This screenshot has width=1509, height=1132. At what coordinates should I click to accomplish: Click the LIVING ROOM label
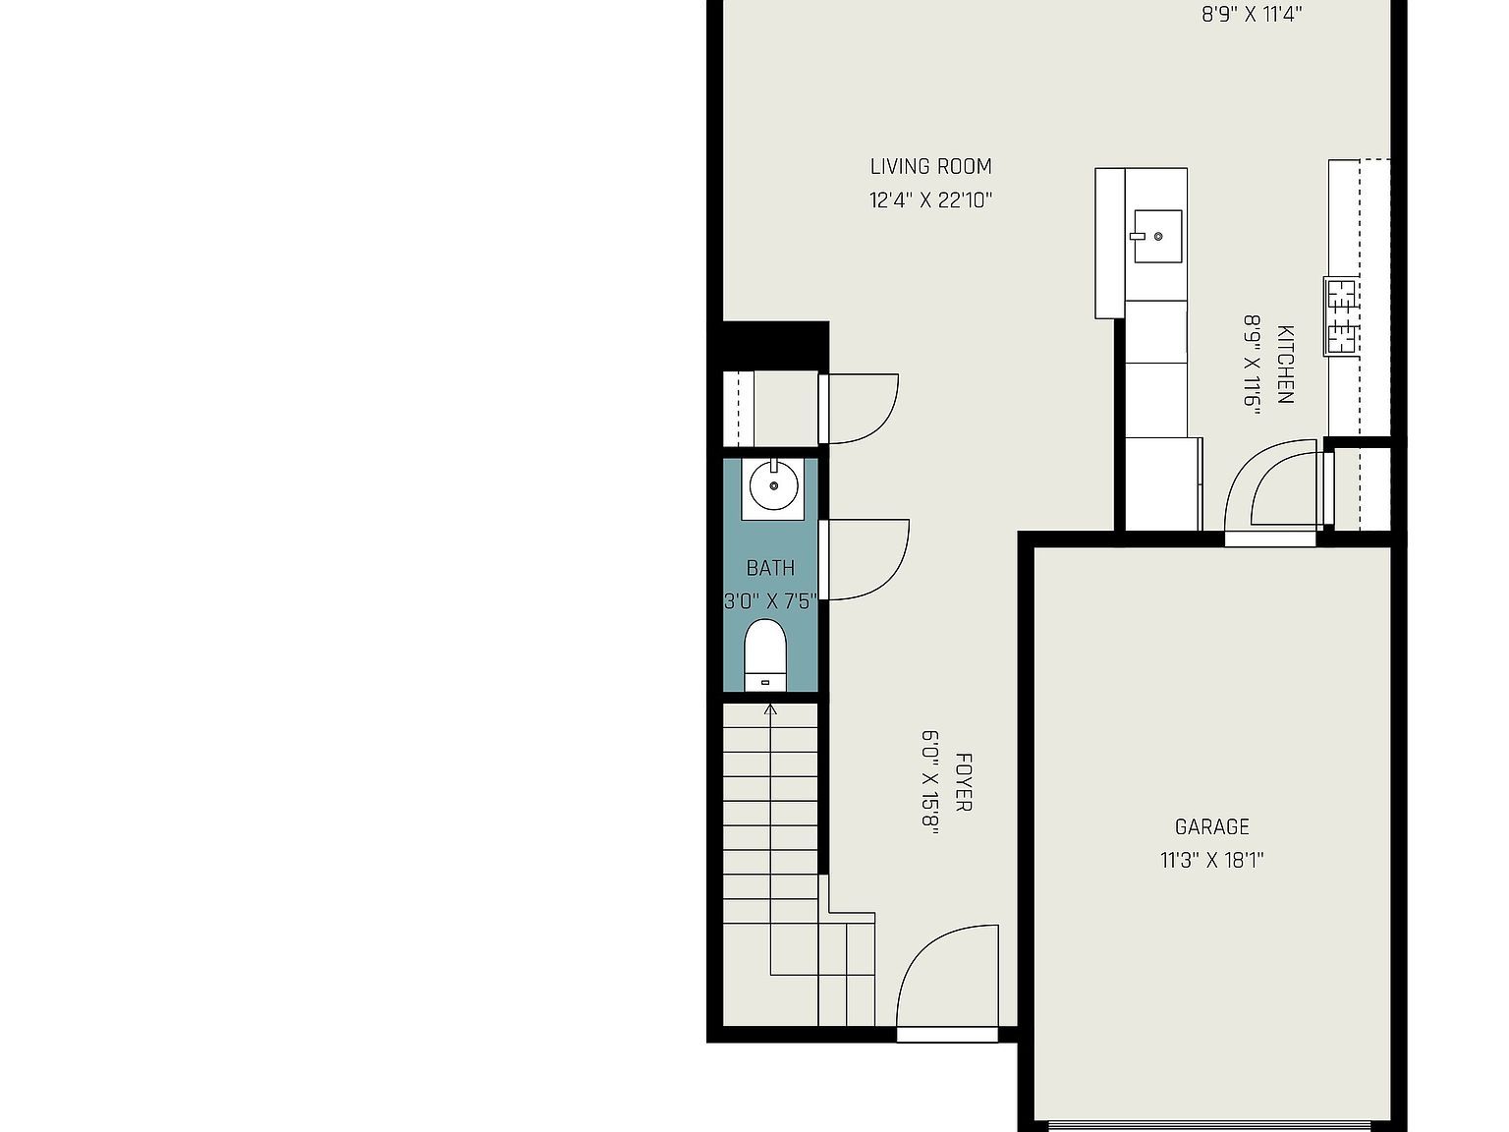tap(930, 167)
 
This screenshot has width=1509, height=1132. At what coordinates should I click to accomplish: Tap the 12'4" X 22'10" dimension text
tap(930, 200)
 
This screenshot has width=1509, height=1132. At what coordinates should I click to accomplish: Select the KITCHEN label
tap(1285, 364)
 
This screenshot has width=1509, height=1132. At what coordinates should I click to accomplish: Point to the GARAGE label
tap(1212, 827)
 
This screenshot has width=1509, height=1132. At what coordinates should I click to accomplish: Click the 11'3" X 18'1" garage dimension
tap(1212, 861)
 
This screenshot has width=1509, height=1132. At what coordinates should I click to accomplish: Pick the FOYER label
tap(964, 782)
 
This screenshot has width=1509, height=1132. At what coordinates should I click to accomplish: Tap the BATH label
tap(770, 568)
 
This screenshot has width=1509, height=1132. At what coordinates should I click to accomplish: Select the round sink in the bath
tap(773, 485)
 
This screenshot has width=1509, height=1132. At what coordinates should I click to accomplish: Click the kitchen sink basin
tap(1157, 236)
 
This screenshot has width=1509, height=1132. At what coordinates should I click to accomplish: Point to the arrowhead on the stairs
tap(770, 707)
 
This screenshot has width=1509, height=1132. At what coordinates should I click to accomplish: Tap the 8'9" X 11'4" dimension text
tap(1252, 15)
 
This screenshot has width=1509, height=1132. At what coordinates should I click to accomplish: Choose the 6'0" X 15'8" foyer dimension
tap(930, 782)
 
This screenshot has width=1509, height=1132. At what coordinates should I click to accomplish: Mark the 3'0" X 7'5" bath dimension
tap(770, 601)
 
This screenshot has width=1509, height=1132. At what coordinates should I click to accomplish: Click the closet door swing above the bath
tap(861, 408)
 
